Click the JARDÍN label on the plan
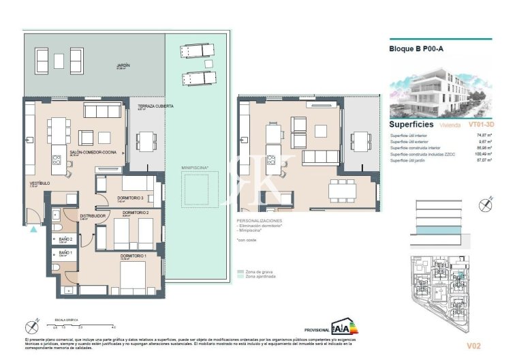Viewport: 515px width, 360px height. point(123,66)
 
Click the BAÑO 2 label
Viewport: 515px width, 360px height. point(65,239)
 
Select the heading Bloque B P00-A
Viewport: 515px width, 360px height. point(416,49)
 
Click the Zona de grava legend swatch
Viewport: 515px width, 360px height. point(240,271)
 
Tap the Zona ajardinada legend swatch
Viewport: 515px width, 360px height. point(240,277)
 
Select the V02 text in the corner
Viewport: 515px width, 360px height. point(484,345)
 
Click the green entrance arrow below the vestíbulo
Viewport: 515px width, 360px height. point(33,230)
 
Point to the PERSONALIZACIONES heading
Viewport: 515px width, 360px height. point(260,222)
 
